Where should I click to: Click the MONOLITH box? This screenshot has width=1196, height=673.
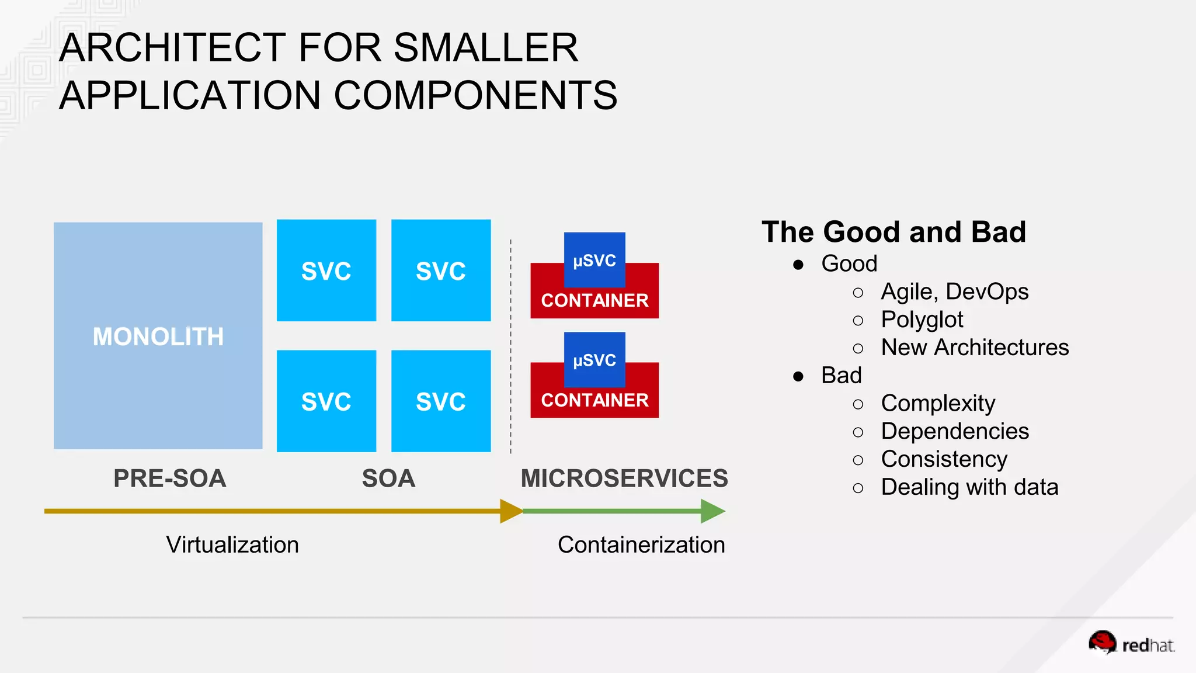click(158, 336)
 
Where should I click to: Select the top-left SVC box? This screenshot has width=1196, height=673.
click(326, 270)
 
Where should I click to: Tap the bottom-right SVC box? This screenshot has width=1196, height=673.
click(441, 401)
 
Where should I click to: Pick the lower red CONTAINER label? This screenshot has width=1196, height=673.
click(594, 401)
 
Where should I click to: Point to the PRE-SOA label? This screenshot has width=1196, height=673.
click(169, 478)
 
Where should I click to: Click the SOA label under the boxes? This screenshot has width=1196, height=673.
click(388, 478)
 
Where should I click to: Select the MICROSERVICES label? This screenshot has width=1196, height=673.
click(624, 478)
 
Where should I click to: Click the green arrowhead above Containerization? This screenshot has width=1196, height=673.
click(712, 511)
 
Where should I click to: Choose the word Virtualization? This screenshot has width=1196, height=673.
click(232, 544)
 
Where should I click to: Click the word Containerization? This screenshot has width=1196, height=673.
click(641, 544)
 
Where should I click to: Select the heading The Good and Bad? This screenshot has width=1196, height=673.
click(893, 232)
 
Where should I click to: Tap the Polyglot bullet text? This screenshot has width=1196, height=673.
click(922, 320)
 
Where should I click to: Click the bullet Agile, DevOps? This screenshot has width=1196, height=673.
click(954, 292)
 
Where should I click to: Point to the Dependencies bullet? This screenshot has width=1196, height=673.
click(955, 431)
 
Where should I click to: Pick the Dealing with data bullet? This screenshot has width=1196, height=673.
click(969, 487)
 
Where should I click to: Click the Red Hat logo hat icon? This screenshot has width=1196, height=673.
click(1103, 642)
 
